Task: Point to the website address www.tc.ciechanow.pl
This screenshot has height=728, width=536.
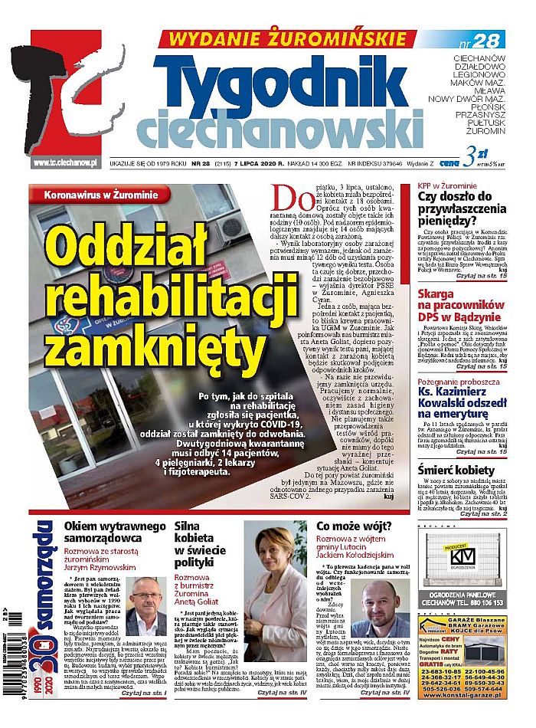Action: pos(64,162)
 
